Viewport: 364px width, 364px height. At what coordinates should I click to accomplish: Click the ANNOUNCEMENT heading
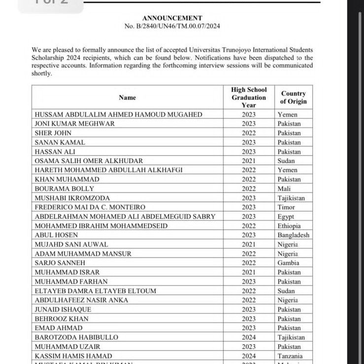click(x=172, y=18)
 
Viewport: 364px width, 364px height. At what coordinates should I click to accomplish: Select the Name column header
click(x=127, y=98)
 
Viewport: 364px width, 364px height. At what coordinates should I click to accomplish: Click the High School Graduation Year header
click(x=249, y=97)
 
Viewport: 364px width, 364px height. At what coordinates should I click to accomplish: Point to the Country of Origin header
click(x=293, y=97)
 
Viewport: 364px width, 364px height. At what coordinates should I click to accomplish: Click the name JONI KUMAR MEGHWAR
click(x=74, y=124)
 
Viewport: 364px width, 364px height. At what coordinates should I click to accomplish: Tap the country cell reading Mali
click(x=284, y=189)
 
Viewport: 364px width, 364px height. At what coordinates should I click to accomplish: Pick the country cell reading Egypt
click(x=286, y=216)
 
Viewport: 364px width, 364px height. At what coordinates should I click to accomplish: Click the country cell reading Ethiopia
click(x=289, y=226)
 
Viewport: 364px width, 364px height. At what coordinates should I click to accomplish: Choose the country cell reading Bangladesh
click(x=293, y=235)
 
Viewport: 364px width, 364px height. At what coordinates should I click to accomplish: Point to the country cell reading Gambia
click(x=288, y=263)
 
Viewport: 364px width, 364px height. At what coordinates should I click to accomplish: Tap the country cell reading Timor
click(x=286, y=207)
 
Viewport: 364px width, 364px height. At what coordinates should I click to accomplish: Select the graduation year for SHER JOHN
click(x=249, y=133)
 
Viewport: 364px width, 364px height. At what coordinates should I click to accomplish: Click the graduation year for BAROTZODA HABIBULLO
click(x=249, y=337)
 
